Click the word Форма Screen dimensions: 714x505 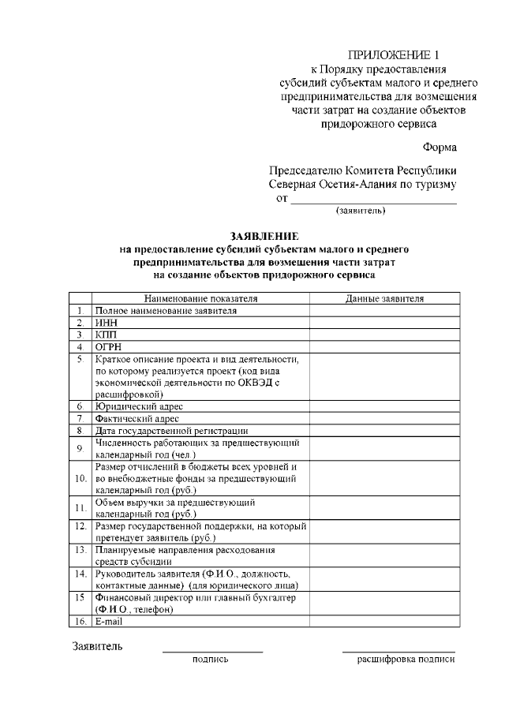439,147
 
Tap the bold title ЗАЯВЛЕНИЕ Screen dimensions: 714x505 264,236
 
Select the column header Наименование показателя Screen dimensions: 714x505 200,299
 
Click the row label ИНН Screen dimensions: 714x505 106,323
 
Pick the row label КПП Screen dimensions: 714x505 106,335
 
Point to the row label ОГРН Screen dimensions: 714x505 108,346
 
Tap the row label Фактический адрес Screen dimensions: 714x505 137,419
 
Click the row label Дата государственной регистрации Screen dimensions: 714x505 171,431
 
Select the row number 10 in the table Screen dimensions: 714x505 80,478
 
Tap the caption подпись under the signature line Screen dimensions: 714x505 211,659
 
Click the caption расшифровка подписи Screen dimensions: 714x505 406,659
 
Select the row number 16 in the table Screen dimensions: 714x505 80,621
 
